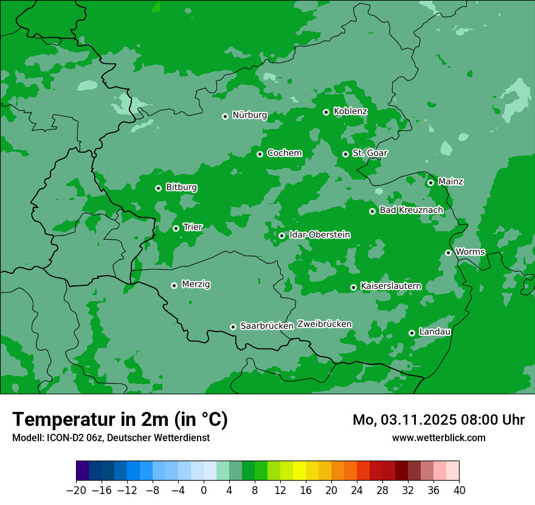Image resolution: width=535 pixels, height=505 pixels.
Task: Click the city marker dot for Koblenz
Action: coord(326,112)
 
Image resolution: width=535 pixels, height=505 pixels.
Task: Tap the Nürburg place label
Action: coord(249,115)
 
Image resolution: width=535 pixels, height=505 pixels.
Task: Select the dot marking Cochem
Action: coord(260,154)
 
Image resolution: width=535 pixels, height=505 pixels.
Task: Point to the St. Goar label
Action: coord(370,153)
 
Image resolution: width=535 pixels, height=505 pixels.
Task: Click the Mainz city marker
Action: coord(430,183)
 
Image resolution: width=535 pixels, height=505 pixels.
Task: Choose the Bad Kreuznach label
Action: coord(411,210)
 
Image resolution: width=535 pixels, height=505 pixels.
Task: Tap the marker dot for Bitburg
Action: coord(158,188)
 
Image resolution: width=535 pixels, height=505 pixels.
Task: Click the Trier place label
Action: coord(193,227)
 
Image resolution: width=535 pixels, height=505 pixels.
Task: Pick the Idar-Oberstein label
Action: coord(320,234)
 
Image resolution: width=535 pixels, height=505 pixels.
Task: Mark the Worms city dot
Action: coord(448,252)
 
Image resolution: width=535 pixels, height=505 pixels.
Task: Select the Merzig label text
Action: coord(196,284)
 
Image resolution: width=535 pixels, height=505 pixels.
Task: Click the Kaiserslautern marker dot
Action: coord(353,287)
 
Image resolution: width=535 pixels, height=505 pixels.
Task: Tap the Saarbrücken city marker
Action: coord(233,327)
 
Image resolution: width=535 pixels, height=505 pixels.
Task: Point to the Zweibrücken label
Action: coord(324,324)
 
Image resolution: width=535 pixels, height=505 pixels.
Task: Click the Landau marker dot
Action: coord(412,333)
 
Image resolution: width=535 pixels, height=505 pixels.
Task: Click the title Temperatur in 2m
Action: coord(120,419)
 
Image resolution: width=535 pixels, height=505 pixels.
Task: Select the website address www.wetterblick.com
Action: coord(438,437)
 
